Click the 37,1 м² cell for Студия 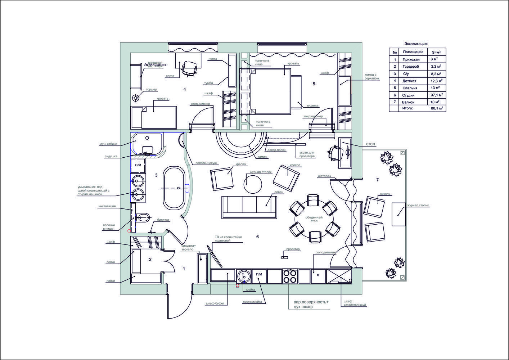[x=436, y=95]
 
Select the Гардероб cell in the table [x=411, y=67]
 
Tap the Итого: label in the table [x=408, y=108]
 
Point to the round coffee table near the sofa [x=253, y=184]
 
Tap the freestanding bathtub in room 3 [x=174, y=188]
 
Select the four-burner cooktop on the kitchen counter [x=290, y=276]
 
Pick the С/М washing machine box [x=138, y=165]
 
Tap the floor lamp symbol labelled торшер [x=136, y=98]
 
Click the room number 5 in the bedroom [x=314, y=84]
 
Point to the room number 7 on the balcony [x=377, y=180]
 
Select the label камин [x=262, y=157]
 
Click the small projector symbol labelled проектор [x=285, y=257]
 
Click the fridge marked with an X [x=318, y=275]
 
